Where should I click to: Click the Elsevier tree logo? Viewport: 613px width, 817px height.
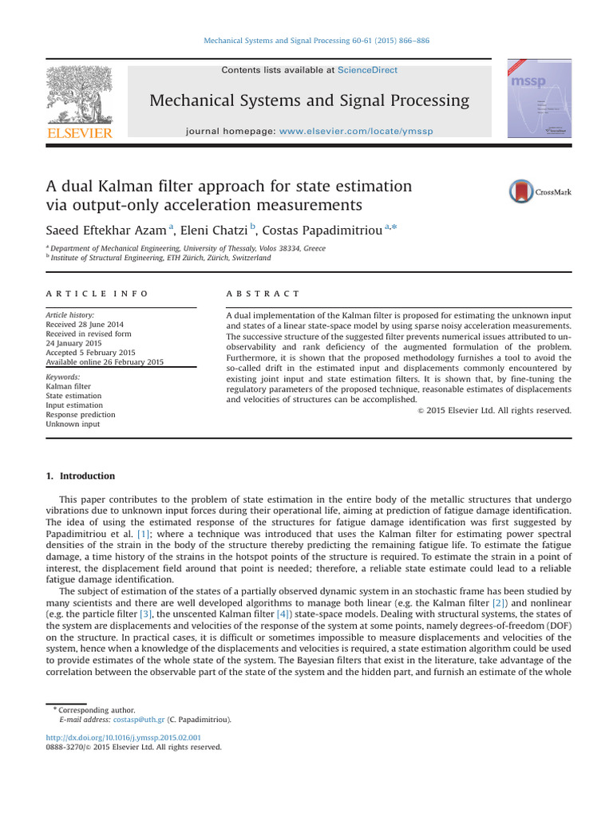point(79,94)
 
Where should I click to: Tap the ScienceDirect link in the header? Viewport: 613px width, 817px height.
point(367,70)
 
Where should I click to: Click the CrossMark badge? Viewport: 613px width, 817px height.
point(540,191)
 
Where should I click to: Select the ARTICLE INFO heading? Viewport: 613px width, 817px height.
point(97,294)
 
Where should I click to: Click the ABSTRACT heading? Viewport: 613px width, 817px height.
point(263,294)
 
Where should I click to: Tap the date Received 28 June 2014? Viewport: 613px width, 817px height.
point(85,324)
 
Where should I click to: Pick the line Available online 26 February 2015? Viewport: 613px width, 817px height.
point(105,362)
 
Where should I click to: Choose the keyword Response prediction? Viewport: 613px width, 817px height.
point(81,415)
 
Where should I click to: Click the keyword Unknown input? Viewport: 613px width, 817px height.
point(72,424)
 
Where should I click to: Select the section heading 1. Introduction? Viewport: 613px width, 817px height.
point(81,476)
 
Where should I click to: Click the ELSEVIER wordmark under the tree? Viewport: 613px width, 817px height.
point(79,133)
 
